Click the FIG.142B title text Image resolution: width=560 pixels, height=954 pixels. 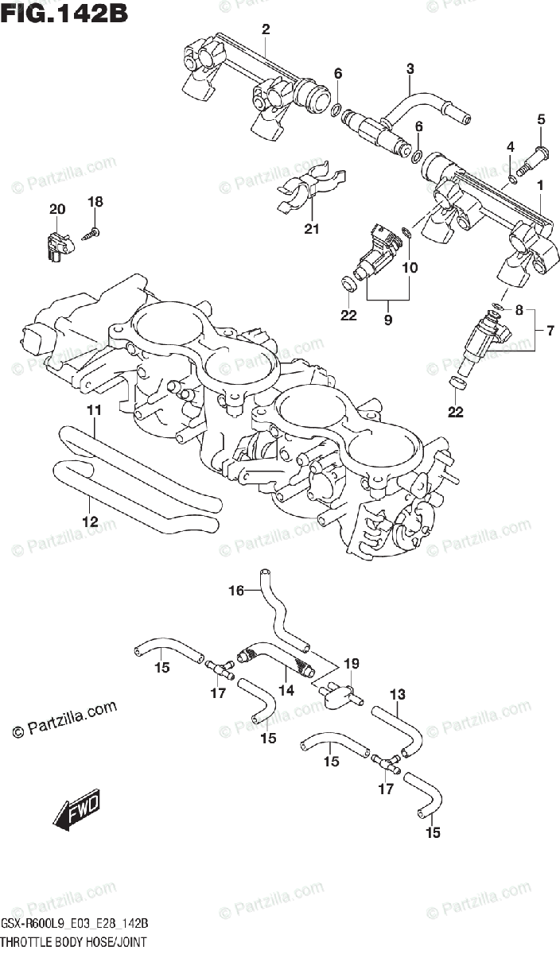[x=64, y=14]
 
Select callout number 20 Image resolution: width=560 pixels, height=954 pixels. [x=56, y=210]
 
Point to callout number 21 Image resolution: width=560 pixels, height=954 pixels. [x=311, y=230]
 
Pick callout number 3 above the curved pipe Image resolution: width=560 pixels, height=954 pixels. [x=410, y=69]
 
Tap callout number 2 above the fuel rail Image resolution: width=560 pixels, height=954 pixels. [x=266, y=30]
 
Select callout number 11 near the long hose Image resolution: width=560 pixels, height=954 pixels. [x=94, y=410]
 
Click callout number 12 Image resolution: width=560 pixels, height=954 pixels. [x=89, y=522]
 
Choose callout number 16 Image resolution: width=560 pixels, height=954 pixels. [x=235, y=590]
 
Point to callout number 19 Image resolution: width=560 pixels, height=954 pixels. [x=352, y=664]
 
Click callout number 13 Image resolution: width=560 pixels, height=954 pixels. [x=398, y=695]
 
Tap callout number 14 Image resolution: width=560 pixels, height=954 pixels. [x=286, y=691]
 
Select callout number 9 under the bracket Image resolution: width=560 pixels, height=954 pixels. [x=388, y=320]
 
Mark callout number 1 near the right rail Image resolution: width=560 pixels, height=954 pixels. [x=540, y=186]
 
